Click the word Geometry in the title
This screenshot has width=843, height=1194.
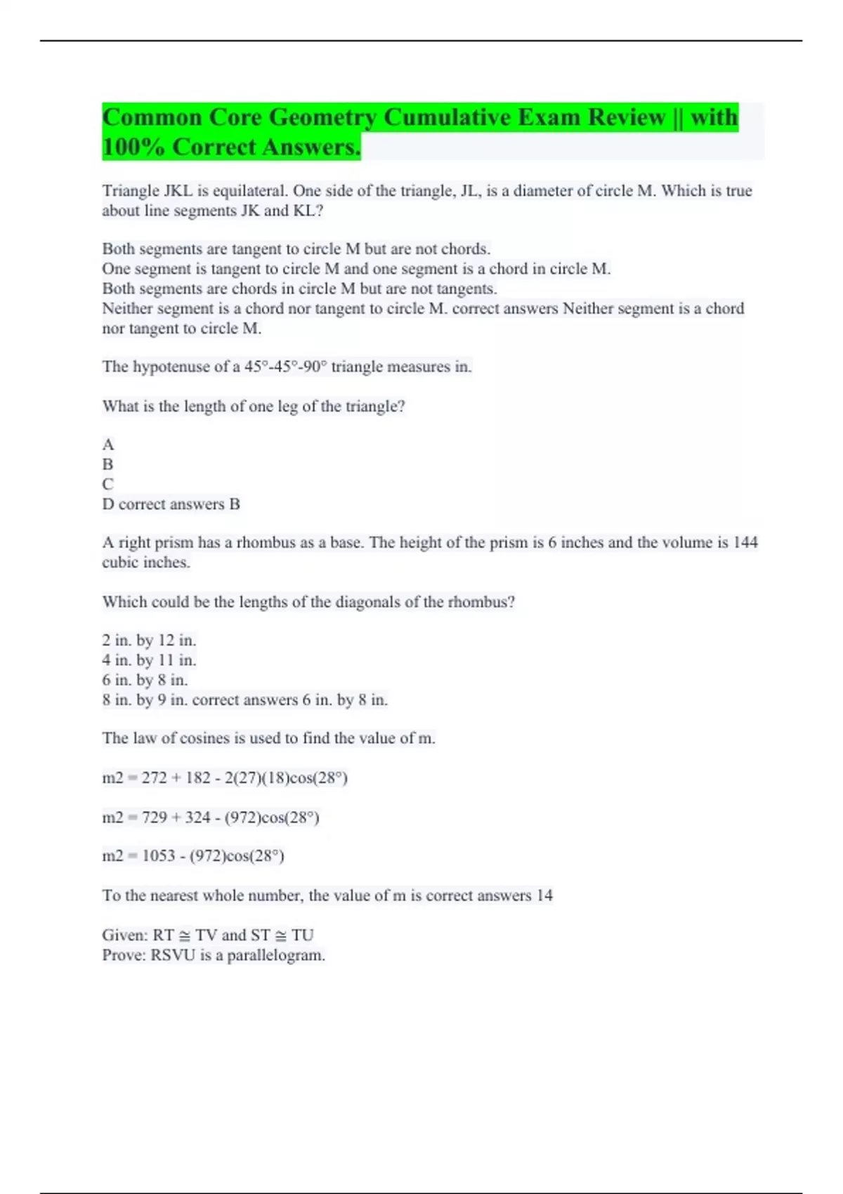tap(322, 117)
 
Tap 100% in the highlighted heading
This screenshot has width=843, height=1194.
tap(133, 147)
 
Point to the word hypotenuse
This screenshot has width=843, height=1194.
tap(171, 367)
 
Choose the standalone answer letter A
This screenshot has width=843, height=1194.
tap(107, 445)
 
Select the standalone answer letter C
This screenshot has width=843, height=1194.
tap(107, 485)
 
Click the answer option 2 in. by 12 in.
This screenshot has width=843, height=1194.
tap(149, 641)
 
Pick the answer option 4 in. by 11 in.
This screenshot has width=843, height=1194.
tap(149, 660)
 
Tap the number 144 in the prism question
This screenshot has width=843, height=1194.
tap(745, 542)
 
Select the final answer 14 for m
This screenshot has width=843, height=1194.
tap(544, 895)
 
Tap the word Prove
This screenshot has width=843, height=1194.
tap(124, 955)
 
